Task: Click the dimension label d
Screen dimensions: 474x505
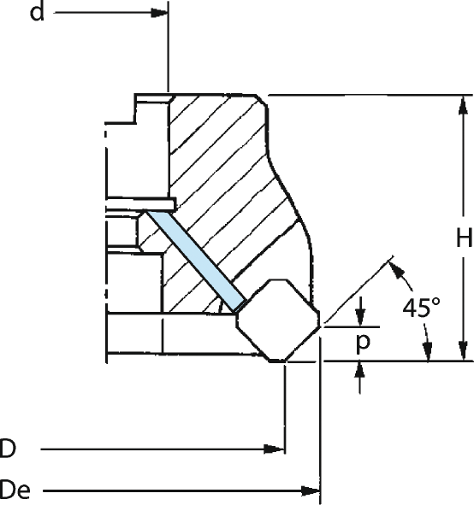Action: (37, 13)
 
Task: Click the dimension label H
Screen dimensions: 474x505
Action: (465, 238)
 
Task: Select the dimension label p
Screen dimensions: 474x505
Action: (363, 342)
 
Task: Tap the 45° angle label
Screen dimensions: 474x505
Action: (421, 308)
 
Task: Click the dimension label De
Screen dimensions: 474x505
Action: (15, 490)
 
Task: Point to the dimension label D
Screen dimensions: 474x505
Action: (8, 449)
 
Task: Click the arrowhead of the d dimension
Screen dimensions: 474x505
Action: (160, 13)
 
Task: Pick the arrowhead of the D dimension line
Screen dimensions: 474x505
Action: (274, 449)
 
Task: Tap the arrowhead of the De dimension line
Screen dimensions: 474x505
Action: (311, 491)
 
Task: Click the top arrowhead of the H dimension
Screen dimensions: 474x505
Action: (464, 105)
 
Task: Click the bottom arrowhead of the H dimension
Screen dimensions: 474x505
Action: (463, 351)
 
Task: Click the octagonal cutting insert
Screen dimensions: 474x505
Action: (278, 320)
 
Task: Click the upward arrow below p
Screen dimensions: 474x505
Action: (360, 371)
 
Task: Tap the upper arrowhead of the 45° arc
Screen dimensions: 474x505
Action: (397, 270)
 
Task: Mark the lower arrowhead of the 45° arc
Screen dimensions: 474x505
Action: (428, 352)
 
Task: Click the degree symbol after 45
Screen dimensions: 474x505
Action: (435, 302)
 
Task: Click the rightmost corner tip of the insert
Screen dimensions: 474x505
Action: (320, 326)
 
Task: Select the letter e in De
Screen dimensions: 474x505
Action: (24, 492)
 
